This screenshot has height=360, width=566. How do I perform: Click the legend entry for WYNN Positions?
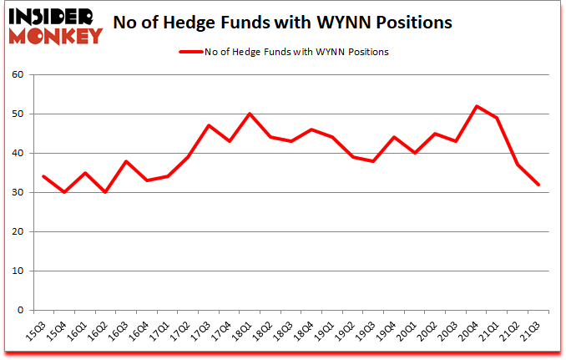click(x=284, y=52)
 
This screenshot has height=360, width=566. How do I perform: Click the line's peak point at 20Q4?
click(x=477, y=106)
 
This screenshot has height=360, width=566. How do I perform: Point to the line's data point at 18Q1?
click(x=250, y=114)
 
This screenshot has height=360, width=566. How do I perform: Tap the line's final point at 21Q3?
click(x=539, y=185)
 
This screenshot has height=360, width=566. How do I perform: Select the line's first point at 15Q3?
click(x=43, y=176)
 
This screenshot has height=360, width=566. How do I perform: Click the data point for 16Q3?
click(x=126, y=161)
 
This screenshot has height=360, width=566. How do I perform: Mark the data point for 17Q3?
click(x=209, y=125)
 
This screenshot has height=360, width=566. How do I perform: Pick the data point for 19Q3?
click(x=374, y=161)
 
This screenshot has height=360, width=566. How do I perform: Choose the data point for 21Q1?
click(x=498, y=118)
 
